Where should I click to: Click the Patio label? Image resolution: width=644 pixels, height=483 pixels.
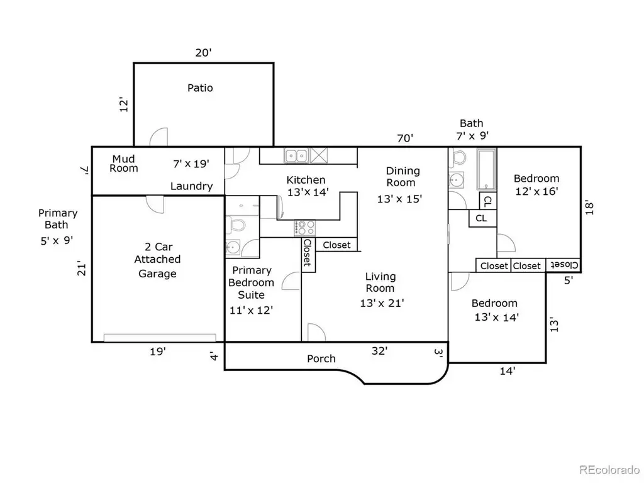click(x=200, y=88)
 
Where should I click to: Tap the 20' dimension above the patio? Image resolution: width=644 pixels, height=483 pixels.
click(x=203, y=53)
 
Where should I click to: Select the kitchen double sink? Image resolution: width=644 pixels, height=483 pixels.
click(x=296, y=156)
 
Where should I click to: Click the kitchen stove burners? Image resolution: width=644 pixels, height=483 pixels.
click(x=305, y=228)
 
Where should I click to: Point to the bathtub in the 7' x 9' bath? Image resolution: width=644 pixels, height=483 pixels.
click(x=487, y=169)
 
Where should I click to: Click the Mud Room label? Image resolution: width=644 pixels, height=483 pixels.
click(x=124, y=164)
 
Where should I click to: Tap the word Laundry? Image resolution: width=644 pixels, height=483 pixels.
click(x=191, y=186)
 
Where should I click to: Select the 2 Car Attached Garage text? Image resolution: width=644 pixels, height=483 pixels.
click(x=158, y=260)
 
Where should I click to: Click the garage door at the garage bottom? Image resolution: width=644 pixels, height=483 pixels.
click(x=160, y=338)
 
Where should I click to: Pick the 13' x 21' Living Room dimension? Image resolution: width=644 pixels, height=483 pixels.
click(x=382, y=303)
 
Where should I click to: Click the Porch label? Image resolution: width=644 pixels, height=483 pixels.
click(x=321, y=358)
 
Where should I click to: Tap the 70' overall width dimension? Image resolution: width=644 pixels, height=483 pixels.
click(x=405, y=138)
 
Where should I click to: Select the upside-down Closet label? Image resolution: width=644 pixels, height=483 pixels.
click(x=564, y=265)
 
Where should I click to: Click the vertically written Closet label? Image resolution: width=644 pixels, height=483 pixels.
click(x=308, y=253)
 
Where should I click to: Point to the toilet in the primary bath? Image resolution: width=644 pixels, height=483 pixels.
click(x=236, y=224)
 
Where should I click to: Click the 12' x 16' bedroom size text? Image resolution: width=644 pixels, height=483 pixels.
click(x=536, y=191)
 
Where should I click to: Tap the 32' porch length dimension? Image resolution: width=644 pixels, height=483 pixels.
click(x=379, y=351)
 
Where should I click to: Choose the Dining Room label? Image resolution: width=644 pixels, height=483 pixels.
click(x=402, y=177)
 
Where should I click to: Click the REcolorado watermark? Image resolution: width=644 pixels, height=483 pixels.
click(x=609, y=469)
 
